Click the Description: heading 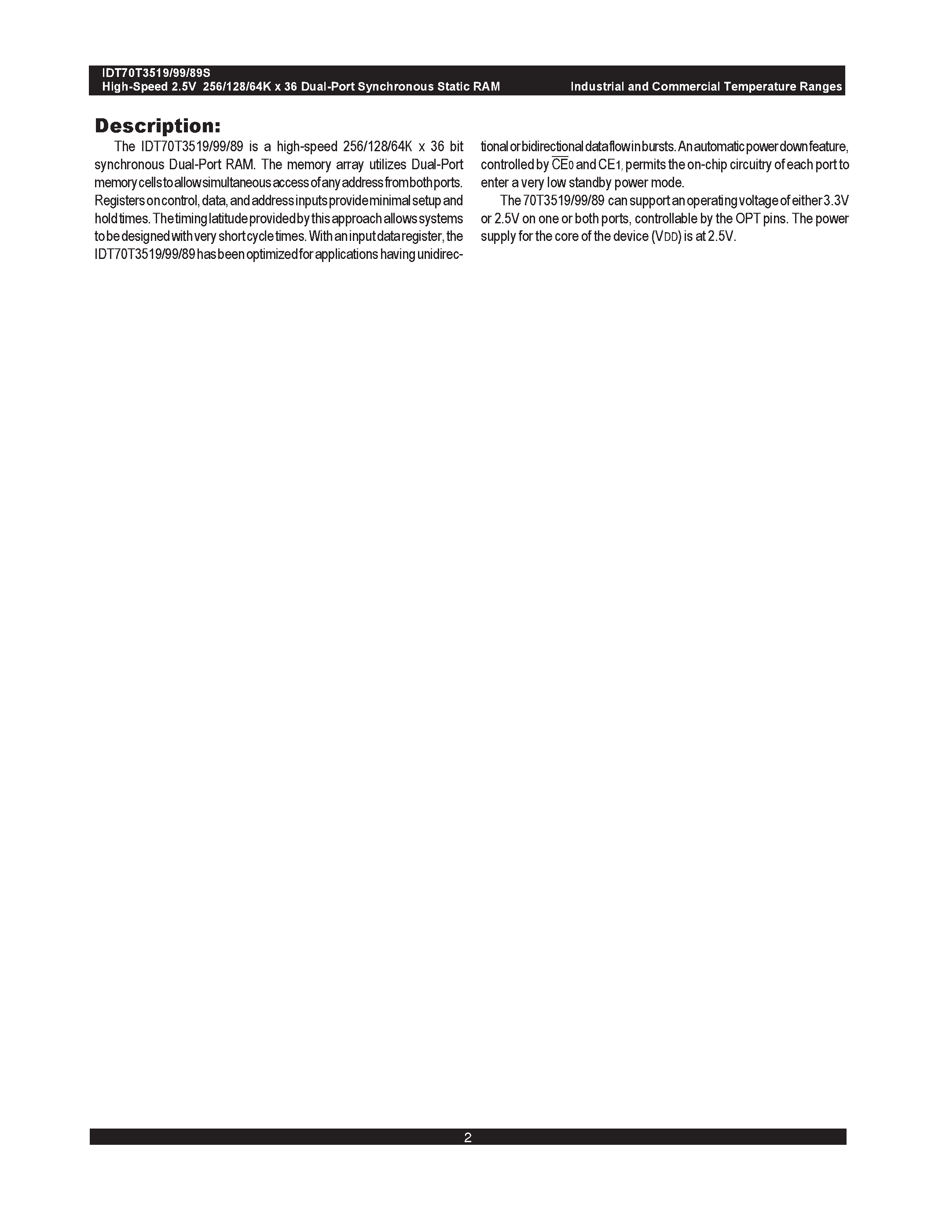(x=158, y=126)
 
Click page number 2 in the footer (x=467, y=1138)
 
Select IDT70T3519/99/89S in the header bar (x=156, y=73)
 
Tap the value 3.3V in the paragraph (x=836, y=201)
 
